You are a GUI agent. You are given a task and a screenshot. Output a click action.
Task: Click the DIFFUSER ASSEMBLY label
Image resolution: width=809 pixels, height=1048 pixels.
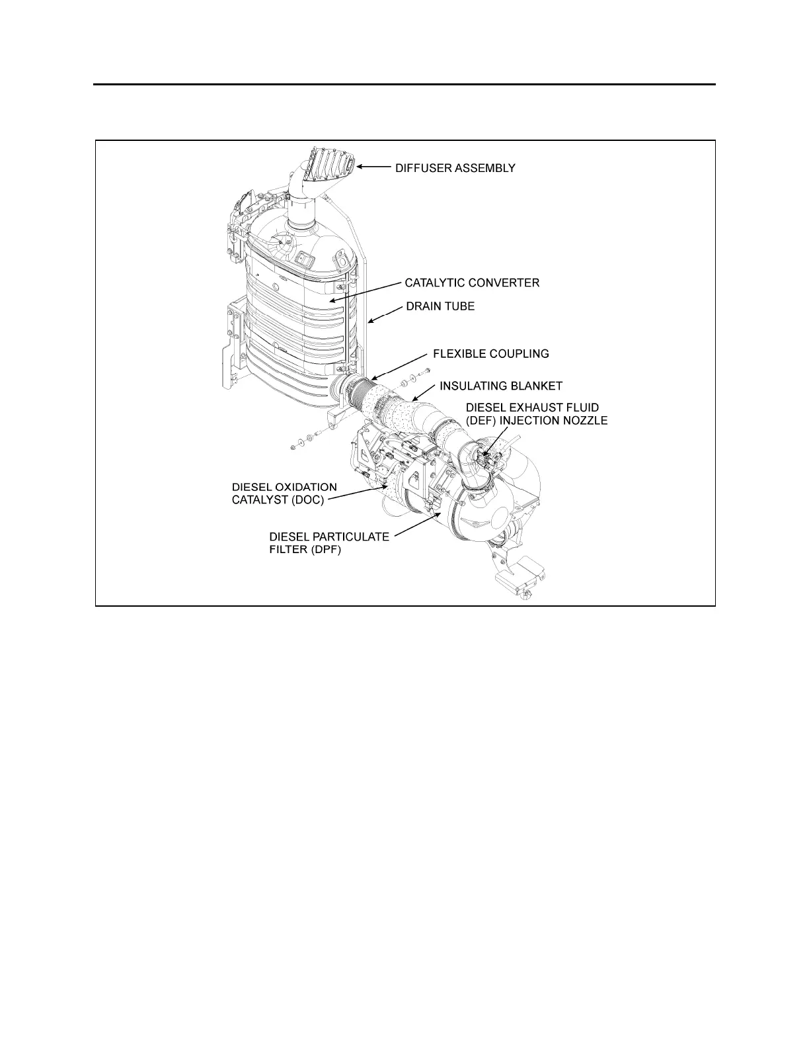coord(455,168)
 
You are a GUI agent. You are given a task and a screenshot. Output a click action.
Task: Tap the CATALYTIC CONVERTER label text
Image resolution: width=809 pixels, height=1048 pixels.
coord(472,283)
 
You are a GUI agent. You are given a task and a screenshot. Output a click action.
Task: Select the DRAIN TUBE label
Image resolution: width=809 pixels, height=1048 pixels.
coord(440,307)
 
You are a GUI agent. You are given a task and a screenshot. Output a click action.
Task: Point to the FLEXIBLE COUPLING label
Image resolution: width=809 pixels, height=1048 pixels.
coord(490,354)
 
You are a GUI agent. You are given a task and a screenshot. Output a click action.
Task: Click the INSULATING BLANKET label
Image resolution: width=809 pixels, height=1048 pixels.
coord(501,386)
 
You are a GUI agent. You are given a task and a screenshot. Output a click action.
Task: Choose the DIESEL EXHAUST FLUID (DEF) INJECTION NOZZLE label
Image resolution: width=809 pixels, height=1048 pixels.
coord(537,414)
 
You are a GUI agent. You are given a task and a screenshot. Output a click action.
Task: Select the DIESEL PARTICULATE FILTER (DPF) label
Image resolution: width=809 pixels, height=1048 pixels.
coord(328,543)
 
